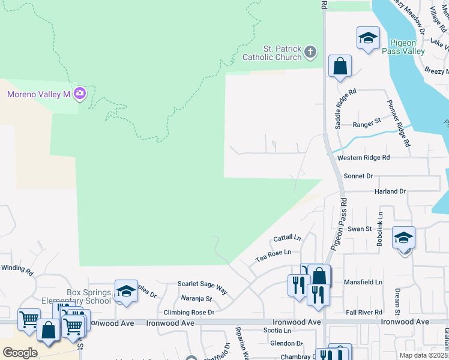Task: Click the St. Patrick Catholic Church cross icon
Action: [310, 52]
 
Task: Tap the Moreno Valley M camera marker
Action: [80, 94]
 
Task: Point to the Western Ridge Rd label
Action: [364, 157]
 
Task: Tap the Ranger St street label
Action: [367, 123]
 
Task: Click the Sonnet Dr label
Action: [358, 176]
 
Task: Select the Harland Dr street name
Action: [390, 191]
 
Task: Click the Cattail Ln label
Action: [287, 239]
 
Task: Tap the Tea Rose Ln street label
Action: [273, 256]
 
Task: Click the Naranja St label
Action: [196, 298]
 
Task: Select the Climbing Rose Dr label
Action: [189, 313]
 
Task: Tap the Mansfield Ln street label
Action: [363, 282]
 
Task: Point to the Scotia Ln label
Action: [277, 331]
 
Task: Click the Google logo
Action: [20, 353]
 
